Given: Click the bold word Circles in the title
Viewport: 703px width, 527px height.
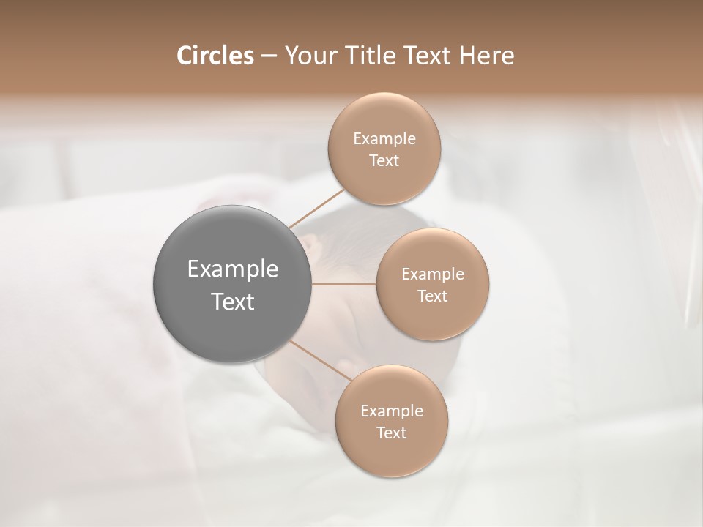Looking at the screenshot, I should coord(215,56).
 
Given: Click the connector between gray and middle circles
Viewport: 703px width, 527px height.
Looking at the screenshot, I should coord(344,284).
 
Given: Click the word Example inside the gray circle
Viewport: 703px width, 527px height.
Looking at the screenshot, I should coord(233,269).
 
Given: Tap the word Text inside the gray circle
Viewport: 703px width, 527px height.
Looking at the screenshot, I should coord(233,301).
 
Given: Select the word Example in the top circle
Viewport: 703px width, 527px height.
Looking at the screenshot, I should coord(384,139).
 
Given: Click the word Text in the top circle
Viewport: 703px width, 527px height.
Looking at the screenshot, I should coord(384,161).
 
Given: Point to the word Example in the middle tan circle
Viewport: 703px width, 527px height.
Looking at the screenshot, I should coord(433,274).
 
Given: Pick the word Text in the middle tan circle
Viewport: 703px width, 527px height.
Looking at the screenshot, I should coord(432,296).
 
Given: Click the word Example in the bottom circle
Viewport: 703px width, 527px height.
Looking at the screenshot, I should coord(392,411).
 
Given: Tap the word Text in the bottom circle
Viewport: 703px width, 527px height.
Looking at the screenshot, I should coord(391,433).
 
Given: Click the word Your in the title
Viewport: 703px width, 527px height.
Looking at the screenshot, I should coord(307,56).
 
